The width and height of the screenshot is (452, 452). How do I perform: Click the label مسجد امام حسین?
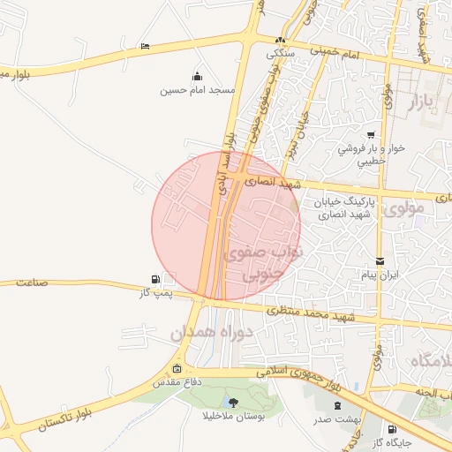tap(197, 90)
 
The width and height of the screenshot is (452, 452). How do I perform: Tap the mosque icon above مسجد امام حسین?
tap(196, 76)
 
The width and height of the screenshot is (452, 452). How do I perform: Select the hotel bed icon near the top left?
tap(145, 47)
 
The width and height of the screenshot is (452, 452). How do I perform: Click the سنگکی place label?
tap(280, 53)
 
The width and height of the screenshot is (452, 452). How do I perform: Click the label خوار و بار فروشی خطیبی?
tap(371, 154)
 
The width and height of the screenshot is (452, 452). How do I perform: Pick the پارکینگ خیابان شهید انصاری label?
tap(347, 207)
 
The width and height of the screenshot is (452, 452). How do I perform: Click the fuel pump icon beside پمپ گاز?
tap(156, 278)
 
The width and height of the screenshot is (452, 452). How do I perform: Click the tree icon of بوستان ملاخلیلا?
tap(232, 403)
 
